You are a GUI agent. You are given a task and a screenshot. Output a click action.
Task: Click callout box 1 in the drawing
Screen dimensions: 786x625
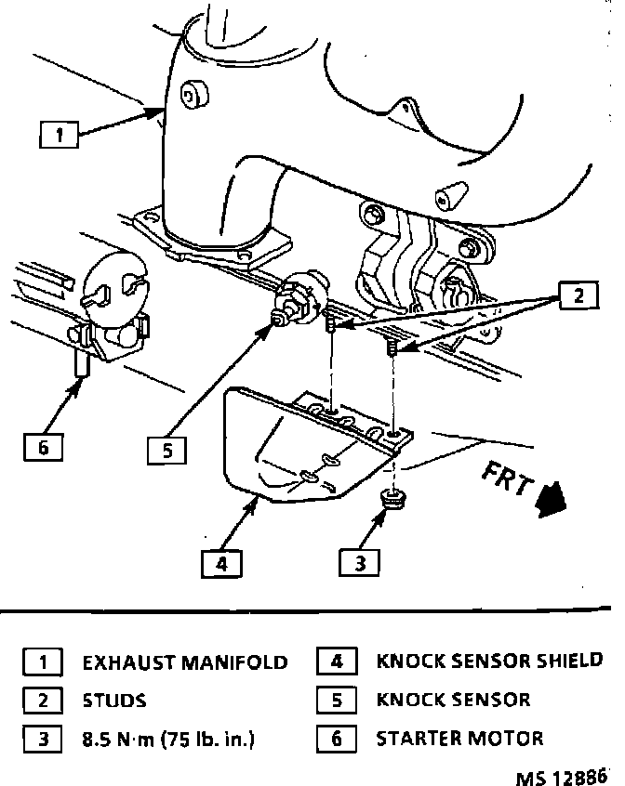click(x=59, y=136)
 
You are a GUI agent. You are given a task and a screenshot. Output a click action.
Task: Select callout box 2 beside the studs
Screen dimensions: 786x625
click(x=578, y=297)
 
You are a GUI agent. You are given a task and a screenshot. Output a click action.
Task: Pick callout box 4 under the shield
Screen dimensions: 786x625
click(x=220, y=563)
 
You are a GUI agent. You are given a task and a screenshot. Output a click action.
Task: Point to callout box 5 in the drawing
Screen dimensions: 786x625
click(x=166, y=451)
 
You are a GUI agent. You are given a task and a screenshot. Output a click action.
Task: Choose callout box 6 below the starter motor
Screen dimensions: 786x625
click(x=43, y=447)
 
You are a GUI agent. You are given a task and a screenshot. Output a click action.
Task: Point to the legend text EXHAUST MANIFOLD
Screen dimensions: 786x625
click(x=185, y=662)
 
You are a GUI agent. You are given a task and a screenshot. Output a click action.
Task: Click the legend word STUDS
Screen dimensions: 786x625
click(x=114, y=701)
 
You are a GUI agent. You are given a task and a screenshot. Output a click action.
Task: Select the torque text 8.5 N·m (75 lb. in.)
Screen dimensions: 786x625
click(x=169, y=740)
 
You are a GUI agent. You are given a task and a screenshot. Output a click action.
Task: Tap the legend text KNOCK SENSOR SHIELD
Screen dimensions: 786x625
click(x=489, y=662)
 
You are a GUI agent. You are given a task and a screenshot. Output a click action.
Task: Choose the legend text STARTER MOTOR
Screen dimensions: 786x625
click(x=459, y=740)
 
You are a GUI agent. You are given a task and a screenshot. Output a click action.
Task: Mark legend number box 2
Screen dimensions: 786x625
click(x=43, y=701)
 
